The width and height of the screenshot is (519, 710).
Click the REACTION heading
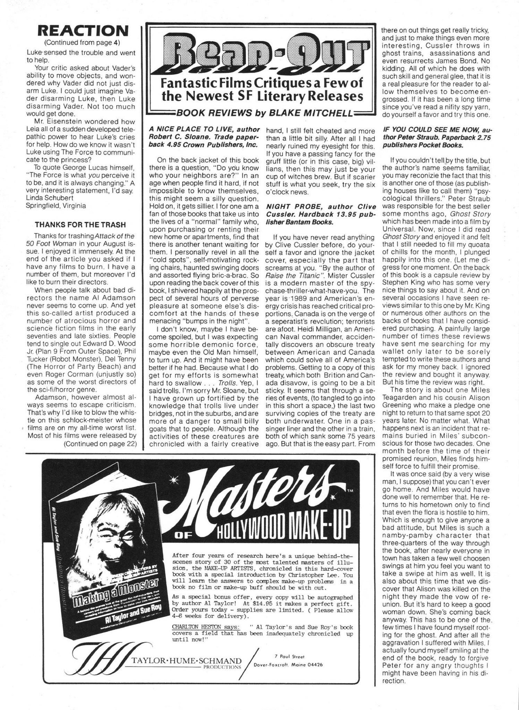click(82, 31)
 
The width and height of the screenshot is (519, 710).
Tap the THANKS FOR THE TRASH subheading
click(80, 225)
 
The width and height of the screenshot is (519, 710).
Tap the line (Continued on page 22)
click(100, 444)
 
